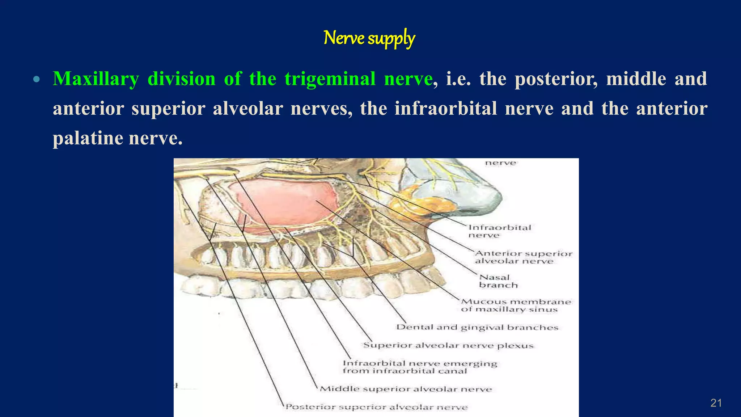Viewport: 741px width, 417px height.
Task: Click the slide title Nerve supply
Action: (x=369, y=38)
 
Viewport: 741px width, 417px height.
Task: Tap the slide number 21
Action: (x=716, y=403)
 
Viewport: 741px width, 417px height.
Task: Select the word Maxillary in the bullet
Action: (x=96, y=79)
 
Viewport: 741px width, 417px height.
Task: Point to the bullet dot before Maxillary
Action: (x=36, y=79)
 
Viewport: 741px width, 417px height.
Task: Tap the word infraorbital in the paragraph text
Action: (x=446, y=109)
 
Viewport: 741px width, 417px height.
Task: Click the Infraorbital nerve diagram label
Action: (x=499, y=231)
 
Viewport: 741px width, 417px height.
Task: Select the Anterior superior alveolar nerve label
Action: (x=523, y=257)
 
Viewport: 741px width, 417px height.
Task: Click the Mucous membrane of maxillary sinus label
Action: (x=515, y=305)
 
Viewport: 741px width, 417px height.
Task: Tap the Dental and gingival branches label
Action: (x=477, y=327)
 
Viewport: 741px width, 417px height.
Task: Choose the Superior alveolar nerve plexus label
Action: (x=448, y=345)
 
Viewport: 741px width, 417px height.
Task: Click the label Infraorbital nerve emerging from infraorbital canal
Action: (x=420, y=367)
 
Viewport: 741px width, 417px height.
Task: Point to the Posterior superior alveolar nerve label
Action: (x=376, y=407)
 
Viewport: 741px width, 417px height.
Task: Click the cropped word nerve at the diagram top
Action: (x=500, y=163)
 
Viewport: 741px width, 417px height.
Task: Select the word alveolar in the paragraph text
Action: (x=247, y=109)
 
